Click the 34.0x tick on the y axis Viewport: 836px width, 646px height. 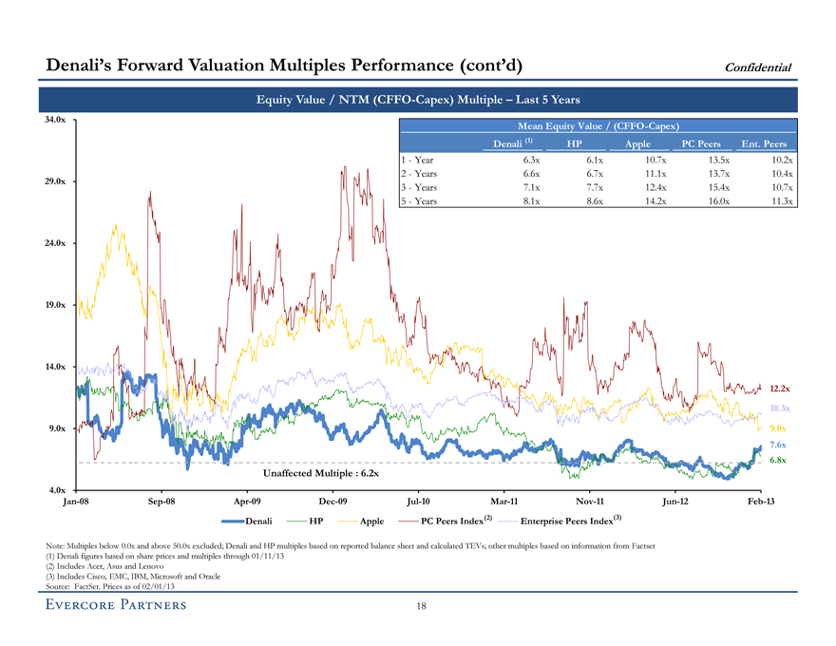point(55,120)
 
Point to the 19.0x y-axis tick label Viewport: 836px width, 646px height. point(55,305)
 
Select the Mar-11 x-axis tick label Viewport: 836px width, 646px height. point(503,501)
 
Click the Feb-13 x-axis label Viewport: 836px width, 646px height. point(760,501)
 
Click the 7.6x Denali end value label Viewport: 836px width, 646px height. point(777,446)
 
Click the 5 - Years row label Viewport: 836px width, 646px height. point(421,201)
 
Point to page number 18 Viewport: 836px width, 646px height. point(419,609)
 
